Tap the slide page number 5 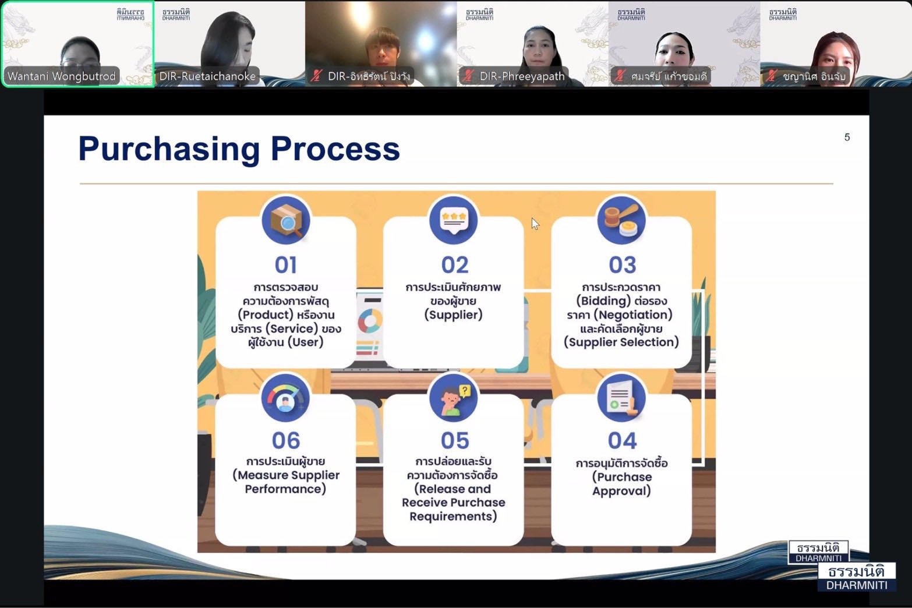click(847, 137)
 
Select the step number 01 click(286, 265)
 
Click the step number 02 click(455, 265)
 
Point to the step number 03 click(622, 265)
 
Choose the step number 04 click(622, 441)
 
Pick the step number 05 click(455, 441)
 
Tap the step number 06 click(286, 441)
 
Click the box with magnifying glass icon click(286, 220)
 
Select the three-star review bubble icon click(454, 220)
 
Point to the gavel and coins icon click(621, 220)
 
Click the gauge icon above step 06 click(285, 398)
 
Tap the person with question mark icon click(454, 398)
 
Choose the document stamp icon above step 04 click(621, 398)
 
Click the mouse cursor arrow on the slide click(535, 224)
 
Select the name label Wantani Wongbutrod click(62, 76)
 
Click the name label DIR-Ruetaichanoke click(207, 76)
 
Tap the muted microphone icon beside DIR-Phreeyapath click(468, 76)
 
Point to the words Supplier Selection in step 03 click(622, 342)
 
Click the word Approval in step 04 click(621, 491)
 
